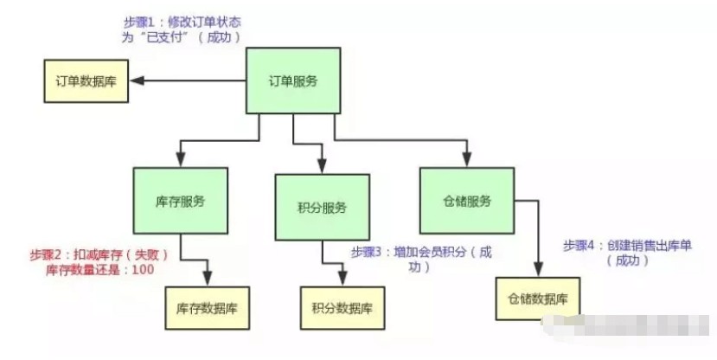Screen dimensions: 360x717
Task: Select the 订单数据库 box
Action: [86, 81]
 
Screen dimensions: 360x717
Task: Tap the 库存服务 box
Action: [181, 200]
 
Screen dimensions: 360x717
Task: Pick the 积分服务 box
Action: [321, 207]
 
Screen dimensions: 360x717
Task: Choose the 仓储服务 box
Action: [466, 201]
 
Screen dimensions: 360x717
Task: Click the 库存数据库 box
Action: [208, 307]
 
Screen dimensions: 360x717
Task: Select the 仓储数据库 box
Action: [537, 299]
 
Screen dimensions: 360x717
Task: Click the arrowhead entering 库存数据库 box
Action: [208, 279]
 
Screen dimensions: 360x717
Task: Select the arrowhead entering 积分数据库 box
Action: [342, 280]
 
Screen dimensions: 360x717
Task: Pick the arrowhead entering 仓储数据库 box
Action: [537, 271]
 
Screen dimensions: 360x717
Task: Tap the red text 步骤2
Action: [46, 254]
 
